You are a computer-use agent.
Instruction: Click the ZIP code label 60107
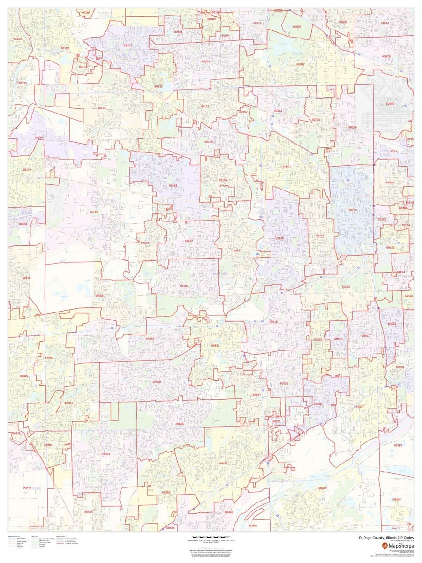coord(128,46)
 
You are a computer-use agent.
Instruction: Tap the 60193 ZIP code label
coord(206,61)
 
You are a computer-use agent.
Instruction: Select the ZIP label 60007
coord(301,64)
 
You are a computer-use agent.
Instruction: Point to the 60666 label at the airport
coord(390,104)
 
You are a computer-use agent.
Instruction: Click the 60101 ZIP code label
coord(286,167)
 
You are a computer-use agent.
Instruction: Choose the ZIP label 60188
coord(173,186)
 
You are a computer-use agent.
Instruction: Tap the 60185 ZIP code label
coord(94,212)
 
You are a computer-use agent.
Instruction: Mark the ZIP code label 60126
coord(352,210)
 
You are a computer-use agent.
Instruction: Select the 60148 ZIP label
coord(279,238)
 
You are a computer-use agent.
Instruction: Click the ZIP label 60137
coord(238,251)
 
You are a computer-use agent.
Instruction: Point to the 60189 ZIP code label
coord(184,286)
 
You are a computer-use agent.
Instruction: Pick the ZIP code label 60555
coord(99,296)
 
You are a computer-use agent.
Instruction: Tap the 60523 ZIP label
coord(346,287)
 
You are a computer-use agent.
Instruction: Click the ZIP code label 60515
coord(273,322)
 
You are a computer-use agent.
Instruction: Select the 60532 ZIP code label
coord(215,345)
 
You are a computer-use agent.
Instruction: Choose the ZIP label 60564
coord(105,454)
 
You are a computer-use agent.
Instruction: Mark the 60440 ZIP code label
coord(223,464)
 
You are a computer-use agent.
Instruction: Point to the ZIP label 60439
coord(322,488)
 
